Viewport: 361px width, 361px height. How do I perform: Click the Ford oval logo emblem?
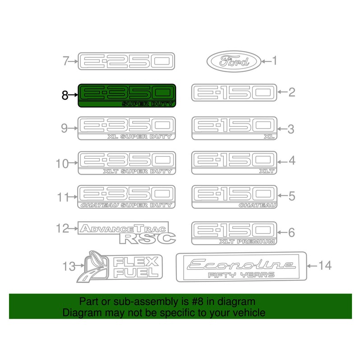pyautogui.click(x=234, y=61)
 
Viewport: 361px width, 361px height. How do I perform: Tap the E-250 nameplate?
pyautogui.click(x=126, y=61)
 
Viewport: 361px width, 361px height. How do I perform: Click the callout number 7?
pyautogui.click(x=66, y=61)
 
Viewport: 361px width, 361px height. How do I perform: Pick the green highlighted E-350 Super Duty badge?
pyautogui.click(x=126, y=96)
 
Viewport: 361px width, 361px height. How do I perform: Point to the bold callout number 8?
pyautogui.click(x=65, y=95)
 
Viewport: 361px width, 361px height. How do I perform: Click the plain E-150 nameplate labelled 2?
pyautogui.click(x=234, y=93)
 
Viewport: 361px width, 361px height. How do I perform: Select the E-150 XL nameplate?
pyautogui.click(x=234, y=128)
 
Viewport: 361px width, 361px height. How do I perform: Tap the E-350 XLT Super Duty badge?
pyautogui.click(x=126, y=162)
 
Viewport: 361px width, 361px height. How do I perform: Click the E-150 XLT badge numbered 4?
pyautogui.click(x=234, y=162)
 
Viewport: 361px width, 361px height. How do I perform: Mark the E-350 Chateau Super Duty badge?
pyautogui.click(x=126, y=197)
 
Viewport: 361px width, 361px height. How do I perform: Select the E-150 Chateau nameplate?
pyautogui.click(x=234, y=197)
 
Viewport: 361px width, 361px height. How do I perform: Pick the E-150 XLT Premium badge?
pyautogui.click(x=234, y=232)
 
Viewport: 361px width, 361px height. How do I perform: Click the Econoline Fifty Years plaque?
pyautogui.click(x=241, y=267)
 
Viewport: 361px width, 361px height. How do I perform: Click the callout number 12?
pyautogui.click(x=63, y=228)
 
